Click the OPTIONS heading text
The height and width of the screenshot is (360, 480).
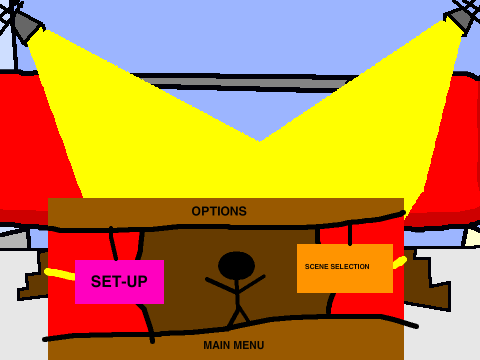click(219, 211)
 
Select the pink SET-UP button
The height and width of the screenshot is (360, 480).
click(119, 282)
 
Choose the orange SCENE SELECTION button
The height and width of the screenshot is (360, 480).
click(345, 268)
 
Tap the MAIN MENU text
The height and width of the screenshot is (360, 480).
click(234, 345)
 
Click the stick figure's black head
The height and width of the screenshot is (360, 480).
click(236, 265)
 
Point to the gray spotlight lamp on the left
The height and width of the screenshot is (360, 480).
click(27, 28)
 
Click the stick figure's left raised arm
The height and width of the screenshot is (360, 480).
click(221, 285)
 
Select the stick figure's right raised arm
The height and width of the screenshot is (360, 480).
click(252, 284)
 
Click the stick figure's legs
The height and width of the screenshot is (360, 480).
click(238, 317)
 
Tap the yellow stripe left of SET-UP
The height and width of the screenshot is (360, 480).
click(60, 274)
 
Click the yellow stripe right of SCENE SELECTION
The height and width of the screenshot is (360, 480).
click(400, 262)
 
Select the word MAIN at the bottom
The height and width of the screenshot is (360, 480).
click(216, 345)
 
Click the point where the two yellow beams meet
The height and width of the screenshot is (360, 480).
click(259, 141)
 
